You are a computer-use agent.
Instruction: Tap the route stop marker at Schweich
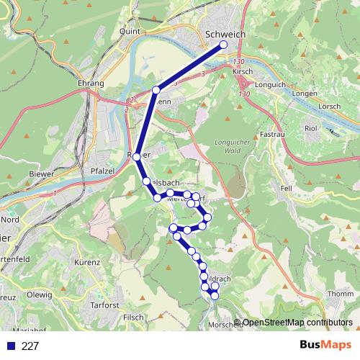click(x=223, y=45)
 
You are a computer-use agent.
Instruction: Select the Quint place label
click(x=130, y=31)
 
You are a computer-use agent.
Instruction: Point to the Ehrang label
click(x=91, y=84)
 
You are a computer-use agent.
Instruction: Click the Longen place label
click(x=305, y=94)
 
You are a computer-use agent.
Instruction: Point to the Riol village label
click(x=311, y=127)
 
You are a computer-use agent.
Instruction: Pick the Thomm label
click(x=337, y=294)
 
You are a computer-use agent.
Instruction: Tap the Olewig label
click(x=39, y=294)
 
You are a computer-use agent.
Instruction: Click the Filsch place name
click(x=134, y=317)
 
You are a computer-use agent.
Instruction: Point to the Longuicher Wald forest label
click(x=230, y=147)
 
